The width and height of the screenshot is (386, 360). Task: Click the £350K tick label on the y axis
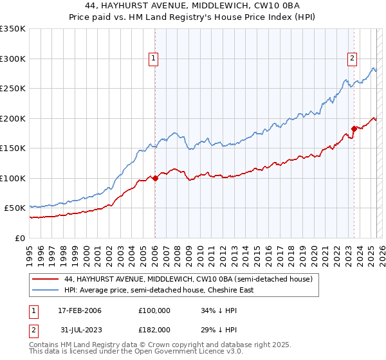coord(12,29)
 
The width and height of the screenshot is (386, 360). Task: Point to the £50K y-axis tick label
coord(14,208)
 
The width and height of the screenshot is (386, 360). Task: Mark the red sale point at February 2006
coord(155,178)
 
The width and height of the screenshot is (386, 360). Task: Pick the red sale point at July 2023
coord(354,129)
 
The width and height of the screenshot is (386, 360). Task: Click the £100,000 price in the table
coord(154,310)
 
